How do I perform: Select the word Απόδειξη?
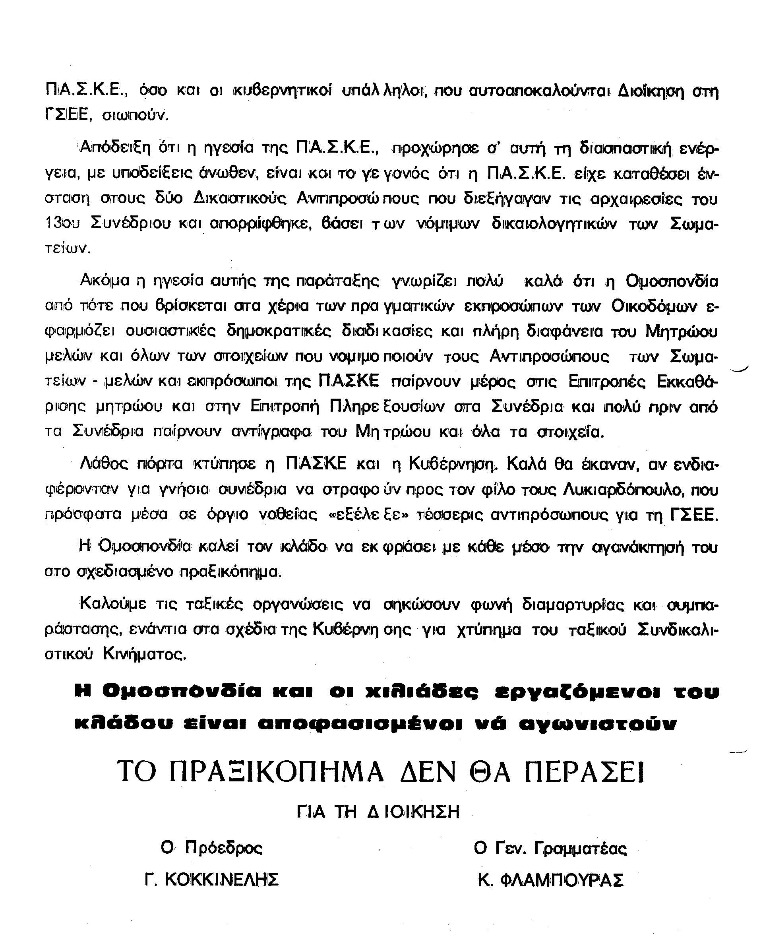pos(114,149)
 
